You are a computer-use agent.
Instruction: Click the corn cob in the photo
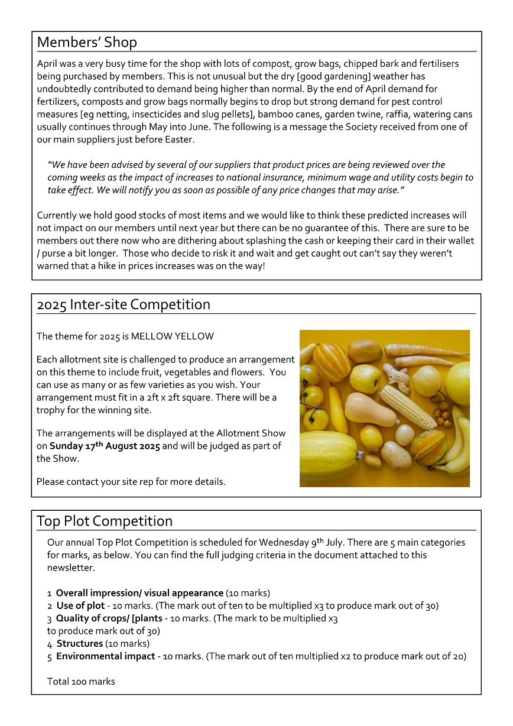point(407,406)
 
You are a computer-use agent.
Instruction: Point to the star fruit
point(429,447)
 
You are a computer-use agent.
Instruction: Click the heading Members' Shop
point(87,43)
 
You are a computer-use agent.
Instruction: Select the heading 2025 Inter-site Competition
point(124,304)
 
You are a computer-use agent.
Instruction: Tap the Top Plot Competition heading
point(105,521)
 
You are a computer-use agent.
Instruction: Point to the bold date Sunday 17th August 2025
point(105,446)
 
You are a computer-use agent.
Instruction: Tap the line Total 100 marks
point(81,682)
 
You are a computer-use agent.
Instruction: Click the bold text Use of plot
point(80,605)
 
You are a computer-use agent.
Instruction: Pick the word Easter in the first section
point(178,140)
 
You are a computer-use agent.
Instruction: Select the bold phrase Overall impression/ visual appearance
point(139,592)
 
